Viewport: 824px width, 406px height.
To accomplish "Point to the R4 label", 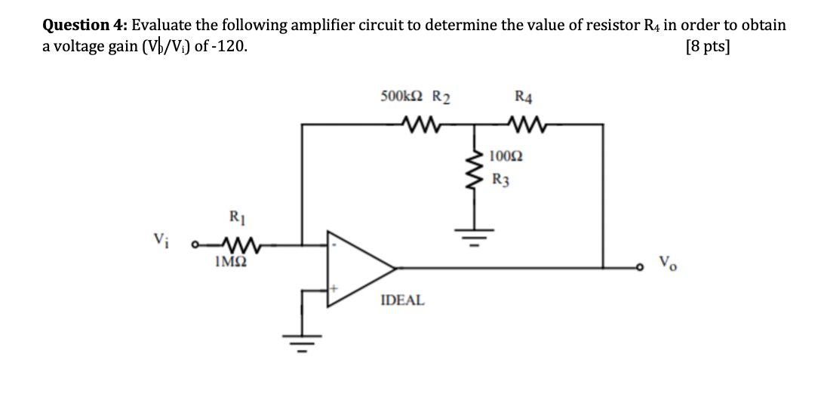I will point(523,97).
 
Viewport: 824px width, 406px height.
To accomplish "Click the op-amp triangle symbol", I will point(359,266).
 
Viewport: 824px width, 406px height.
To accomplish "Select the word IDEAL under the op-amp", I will point(402,300).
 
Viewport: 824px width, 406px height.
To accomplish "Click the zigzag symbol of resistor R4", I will point(523,123).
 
